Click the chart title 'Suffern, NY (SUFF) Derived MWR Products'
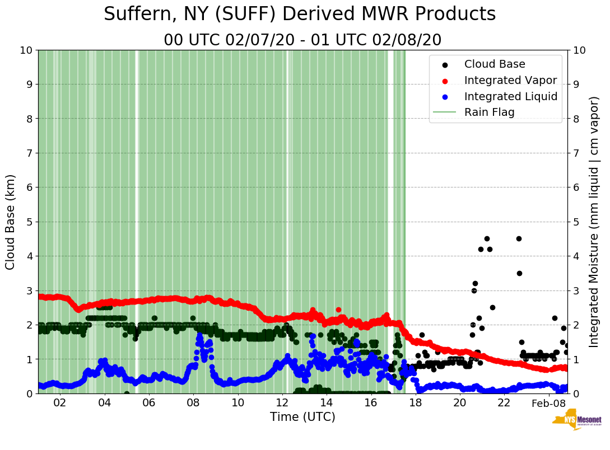(x=300, y=15)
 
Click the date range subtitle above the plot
(x=302, y=40)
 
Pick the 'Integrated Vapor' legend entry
(x=510, y=80)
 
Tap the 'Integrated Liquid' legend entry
(x=510, y=96)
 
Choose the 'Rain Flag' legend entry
(x=489, y=112)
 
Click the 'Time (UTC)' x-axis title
(x=302, y=417)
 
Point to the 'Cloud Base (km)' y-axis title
(x=11, y=222)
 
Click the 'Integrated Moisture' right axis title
(x=594, y=222)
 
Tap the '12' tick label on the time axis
(x=282, y=403)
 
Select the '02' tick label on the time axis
(x=60, y=403)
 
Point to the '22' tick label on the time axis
(x=504, y=403)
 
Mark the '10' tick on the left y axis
(x=25, y=50)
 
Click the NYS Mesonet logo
(x=576, y=422)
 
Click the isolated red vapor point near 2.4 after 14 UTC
(x=338, y=310)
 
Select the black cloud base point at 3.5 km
(x=519, y=273)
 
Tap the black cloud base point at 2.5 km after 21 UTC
(x=492, y=307)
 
